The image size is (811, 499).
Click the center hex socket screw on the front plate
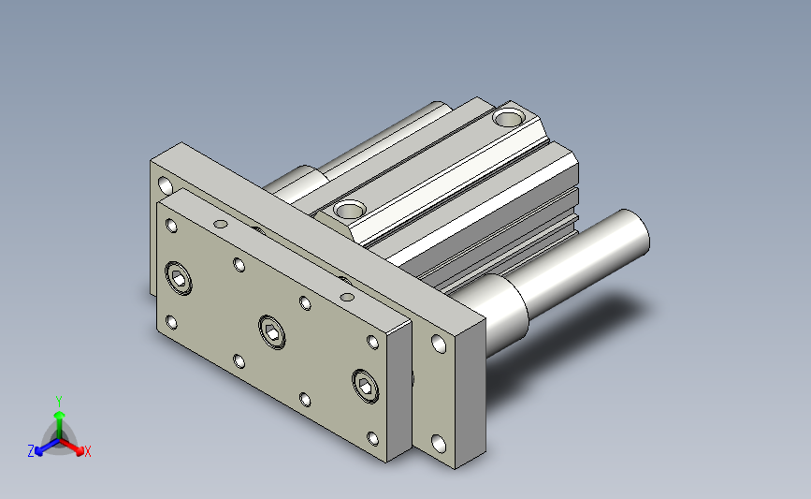pos(272,331)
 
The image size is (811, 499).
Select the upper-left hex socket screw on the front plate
pos(179,278)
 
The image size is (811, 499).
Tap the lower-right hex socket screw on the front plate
pos(365,386)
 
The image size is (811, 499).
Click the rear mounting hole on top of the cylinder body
pos(509,119)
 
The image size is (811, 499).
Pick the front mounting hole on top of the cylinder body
pos(350,210)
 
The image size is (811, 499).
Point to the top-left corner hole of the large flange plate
pos(166,184)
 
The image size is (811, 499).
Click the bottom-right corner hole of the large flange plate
pos(439,444)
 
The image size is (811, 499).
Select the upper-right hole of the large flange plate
pos(439,344)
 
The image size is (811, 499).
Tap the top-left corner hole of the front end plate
pos(171,226)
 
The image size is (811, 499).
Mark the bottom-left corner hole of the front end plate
pos(171,322)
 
